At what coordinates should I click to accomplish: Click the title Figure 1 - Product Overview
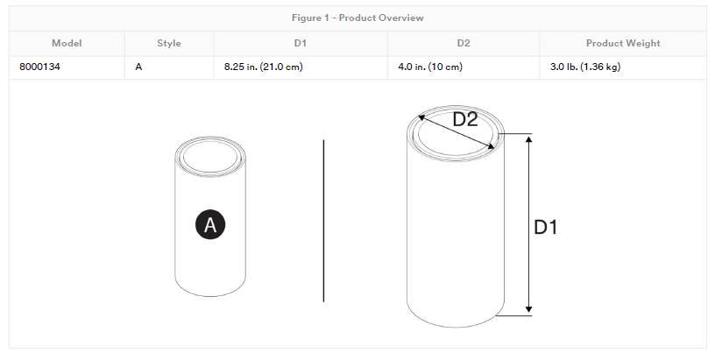tap(357, 18)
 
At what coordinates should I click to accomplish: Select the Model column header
tap(67, 43)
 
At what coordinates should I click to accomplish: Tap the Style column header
tap(169, 43)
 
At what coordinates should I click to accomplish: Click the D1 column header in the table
tap(300, 43)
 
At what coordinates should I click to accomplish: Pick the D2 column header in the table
tap(464, 43)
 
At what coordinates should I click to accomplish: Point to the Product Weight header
tap(623, 43)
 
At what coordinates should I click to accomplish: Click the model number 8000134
tap(39, 67)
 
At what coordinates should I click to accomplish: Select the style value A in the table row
tap(138, 67)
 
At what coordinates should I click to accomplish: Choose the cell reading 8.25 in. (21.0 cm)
tap(263, 67)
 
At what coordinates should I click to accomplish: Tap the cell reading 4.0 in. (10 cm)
tap(430, 67)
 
